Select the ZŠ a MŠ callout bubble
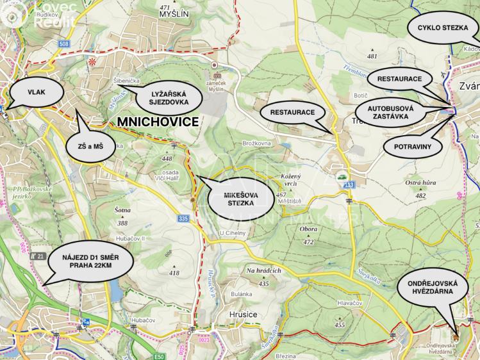coord(94,147)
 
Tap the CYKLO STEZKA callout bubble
coord(441,28)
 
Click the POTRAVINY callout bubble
coord(412,147)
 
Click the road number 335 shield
coord(184,218)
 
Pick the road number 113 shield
coord(349,185)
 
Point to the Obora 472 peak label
coord(308,234)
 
